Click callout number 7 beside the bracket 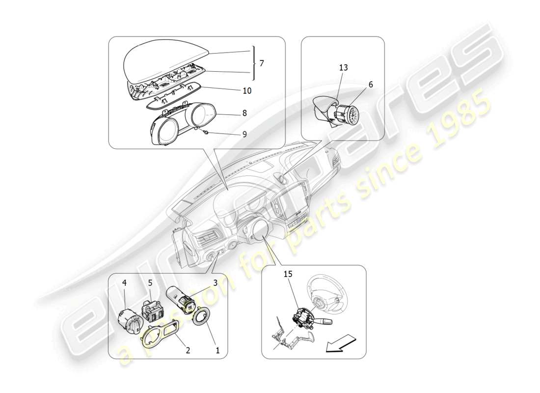(x=262, y=63)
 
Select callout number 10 (x=247, y=91)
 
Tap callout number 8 (x=244, y=112)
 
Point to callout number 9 (x=244, y=133)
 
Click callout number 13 (x=343, y=67)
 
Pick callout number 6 (x=371, y=84)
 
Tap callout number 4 (x=124, y=283)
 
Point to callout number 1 (x=218, y=351)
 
